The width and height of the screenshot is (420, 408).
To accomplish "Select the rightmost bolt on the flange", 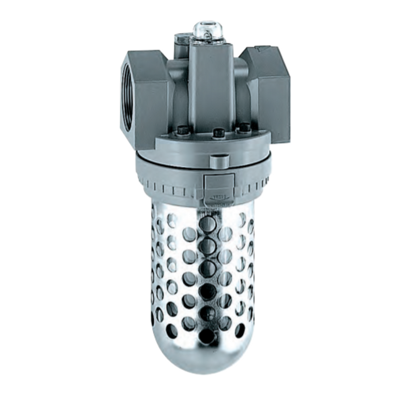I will click(244, 127).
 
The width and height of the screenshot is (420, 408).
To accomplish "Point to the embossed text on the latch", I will click(219, 197).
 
